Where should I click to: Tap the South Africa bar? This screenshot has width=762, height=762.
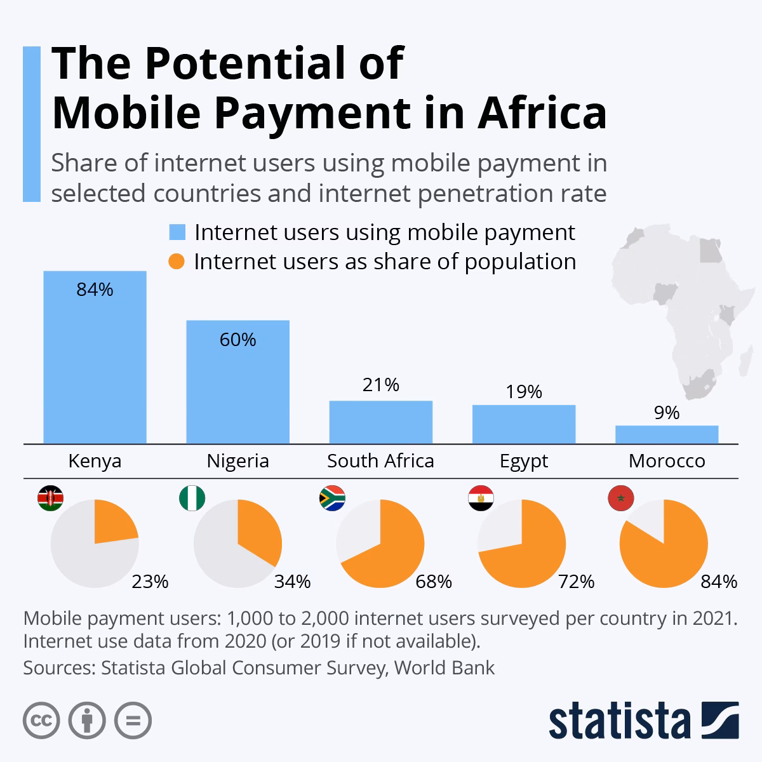coord(380,422)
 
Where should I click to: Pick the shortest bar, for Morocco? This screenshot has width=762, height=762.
coord(666,434)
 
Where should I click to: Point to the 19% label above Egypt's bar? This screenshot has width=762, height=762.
coord(524,392)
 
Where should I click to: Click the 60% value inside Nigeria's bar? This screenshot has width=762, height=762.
coord(237,340)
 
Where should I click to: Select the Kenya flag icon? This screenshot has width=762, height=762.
coord(50,500)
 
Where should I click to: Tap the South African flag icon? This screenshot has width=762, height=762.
coord(331,499)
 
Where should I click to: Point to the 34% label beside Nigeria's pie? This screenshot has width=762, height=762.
coord(292,581)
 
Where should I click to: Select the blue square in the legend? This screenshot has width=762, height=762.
coord(177,232)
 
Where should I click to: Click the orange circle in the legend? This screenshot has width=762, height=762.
coord(177,262)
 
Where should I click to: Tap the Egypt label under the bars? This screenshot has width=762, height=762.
coord(523,460)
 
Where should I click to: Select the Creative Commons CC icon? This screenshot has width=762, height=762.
coord(41,721)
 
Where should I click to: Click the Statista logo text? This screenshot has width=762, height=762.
coord(619,721)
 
